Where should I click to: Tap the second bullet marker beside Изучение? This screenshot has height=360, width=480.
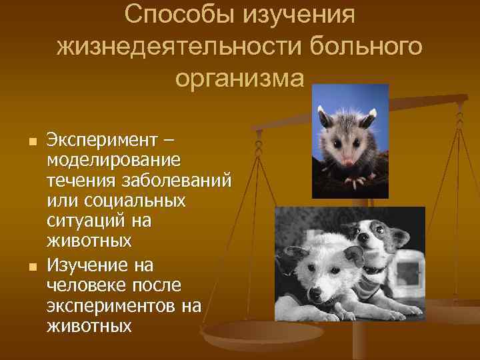(x=25, y=267)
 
